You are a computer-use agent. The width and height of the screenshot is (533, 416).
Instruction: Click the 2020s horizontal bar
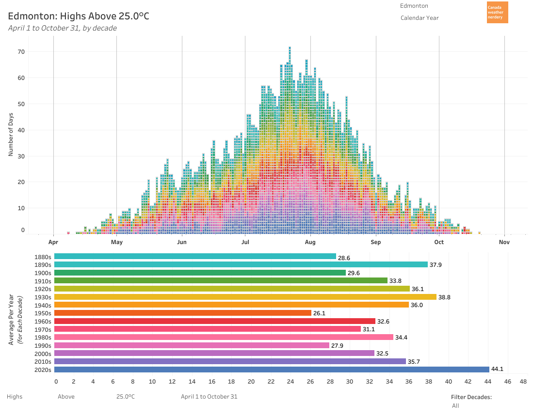272,370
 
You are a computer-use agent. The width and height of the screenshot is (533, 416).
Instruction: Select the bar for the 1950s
183,313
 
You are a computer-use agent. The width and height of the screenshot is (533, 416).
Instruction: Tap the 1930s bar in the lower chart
245,297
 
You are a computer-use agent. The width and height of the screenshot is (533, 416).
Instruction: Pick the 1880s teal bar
195,257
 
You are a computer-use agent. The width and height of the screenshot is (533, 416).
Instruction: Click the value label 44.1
497,369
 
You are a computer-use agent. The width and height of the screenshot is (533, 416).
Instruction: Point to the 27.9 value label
337,346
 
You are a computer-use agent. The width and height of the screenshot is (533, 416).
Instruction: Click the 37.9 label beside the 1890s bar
436,265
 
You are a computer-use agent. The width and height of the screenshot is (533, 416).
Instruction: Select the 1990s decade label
43,345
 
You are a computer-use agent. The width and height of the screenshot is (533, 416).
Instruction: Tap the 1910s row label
43,281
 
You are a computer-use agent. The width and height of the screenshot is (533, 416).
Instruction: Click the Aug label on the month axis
310,242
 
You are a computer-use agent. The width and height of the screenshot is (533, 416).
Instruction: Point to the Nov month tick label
504,242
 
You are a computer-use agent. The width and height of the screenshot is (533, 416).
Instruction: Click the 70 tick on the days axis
21,51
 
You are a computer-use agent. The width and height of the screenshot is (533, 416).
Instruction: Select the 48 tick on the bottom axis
523,382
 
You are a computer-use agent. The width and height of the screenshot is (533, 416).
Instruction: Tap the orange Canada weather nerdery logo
497,12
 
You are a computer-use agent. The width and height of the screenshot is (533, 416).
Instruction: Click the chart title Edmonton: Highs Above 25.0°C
79,16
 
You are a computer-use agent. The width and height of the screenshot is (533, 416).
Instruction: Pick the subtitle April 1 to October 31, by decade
63,28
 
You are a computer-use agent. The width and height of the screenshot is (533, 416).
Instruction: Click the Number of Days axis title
11,134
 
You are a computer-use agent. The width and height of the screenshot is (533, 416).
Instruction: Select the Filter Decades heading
471,397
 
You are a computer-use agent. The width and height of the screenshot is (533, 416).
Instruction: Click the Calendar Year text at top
420,18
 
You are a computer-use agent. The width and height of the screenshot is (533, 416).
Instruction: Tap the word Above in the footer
66,396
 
